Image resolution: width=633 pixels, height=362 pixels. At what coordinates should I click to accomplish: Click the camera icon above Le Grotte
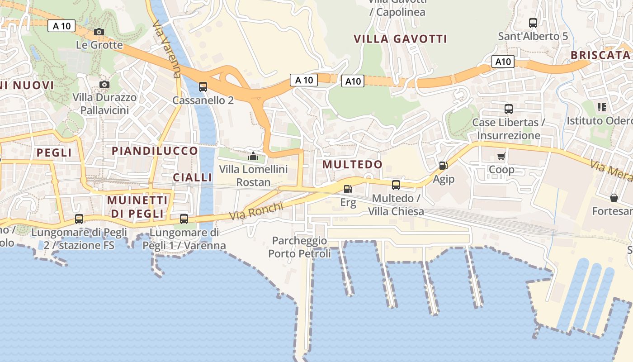click(x=99, y=32)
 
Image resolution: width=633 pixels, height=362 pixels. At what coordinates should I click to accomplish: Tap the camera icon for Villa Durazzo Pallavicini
click(x=104, y=84)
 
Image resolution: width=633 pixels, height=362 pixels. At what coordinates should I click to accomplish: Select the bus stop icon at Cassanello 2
click(x=203, y=86)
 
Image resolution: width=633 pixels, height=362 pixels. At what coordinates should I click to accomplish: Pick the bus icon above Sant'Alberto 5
click(x=533, y=23)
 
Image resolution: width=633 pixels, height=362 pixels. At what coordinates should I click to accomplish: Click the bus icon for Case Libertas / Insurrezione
click(x=509, y=109)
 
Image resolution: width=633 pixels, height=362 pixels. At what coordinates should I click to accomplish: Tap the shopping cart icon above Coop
click(x=501, y=157)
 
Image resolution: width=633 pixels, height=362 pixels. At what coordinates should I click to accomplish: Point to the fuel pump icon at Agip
click(x=443, y=166)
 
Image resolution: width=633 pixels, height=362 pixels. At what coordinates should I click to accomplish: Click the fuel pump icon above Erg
click(x=348, y=189)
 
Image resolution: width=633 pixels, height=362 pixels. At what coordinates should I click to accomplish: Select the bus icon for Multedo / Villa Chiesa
click(x=396, y=185)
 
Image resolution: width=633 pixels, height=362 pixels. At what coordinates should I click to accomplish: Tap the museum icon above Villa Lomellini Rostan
click(x=253, y=156)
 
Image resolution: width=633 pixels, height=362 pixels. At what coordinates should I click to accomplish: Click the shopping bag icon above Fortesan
click(x=614, y=198)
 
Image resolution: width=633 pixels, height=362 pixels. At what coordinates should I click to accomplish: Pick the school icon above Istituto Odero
click(x=601, y=107)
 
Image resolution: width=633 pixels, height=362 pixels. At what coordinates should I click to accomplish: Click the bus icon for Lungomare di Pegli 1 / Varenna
click(x=184, y=219)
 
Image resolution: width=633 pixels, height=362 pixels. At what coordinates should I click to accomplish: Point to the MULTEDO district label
click(x=353, y=164)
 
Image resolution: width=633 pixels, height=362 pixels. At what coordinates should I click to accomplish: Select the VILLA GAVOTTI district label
click(x=400, y=39)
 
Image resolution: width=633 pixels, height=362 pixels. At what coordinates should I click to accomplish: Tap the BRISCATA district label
click(x=600, y=55)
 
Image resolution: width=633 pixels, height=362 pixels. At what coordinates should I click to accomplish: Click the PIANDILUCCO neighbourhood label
click(x=155, y=151)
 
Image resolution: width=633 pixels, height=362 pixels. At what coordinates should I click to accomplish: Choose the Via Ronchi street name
click(x=256, y=211)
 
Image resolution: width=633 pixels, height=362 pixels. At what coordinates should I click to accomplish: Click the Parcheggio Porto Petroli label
click(x=299, y=247)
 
